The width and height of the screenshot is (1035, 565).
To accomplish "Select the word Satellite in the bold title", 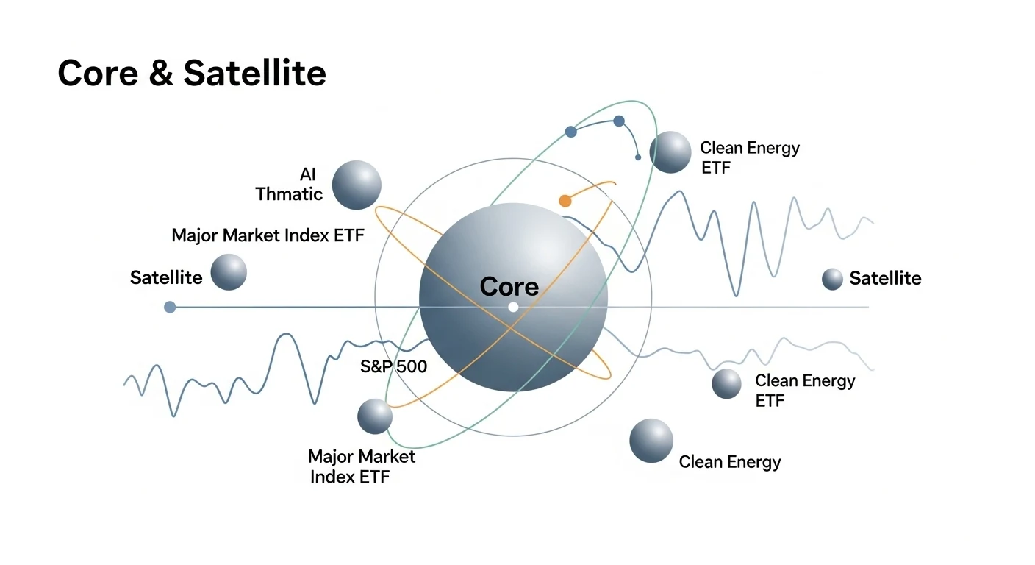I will (254, 74).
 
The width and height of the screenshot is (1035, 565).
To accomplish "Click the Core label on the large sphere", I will (509, 287).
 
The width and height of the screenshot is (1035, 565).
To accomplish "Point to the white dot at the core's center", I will (513, 307).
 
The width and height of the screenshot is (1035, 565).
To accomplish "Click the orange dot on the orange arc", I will (565, 200).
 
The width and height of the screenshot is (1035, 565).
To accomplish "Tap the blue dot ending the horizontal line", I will (170, 307).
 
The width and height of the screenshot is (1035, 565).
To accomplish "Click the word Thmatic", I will (289, 194).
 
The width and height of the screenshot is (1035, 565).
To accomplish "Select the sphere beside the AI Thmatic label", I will (357, 185).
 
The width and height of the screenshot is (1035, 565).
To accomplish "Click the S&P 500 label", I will (393, 366).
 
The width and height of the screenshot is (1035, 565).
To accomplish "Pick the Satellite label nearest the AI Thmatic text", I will (166, 277).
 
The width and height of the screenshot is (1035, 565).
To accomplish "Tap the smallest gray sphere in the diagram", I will (832, 279).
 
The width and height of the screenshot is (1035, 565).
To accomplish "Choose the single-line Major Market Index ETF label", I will (268, 235).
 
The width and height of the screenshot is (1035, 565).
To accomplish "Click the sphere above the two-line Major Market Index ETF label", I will (375, 416).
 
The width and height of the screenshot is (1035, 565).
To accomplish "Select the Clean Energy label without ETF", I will (729, 462).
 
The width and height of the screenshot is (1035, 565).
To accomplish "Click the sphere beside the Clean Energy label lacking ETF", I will (651, 441).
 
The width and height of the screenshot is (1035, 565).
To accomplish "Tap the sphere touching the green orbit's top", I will (670, 152).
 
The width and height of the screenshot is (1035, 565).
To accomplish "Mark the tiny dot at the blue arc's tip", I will (638, 157).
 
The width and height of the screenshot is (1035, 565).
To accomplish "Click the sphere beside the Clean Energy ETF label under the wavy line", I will (727, 383).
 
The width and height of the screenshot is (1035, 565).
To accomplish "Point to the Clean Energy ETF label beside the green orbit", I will (749, 157).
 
